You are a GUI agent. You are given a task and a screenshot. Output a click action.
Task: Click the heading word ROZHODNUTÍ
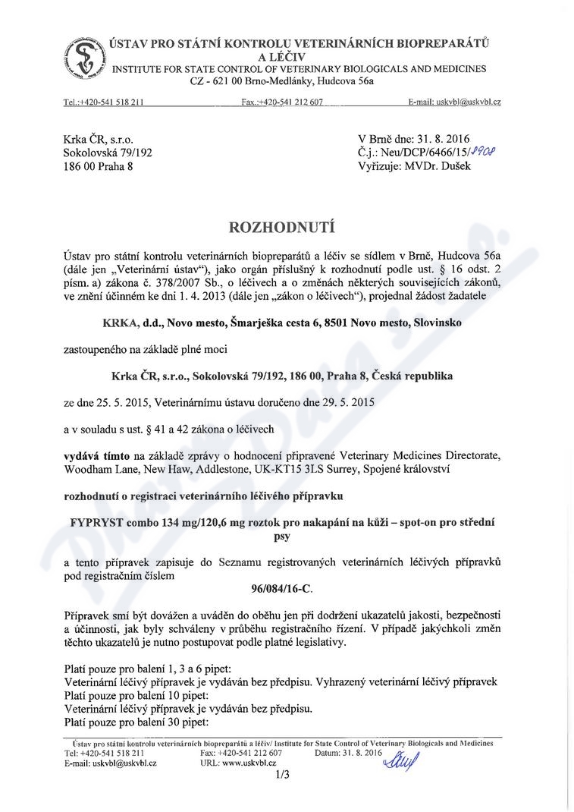286,225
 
